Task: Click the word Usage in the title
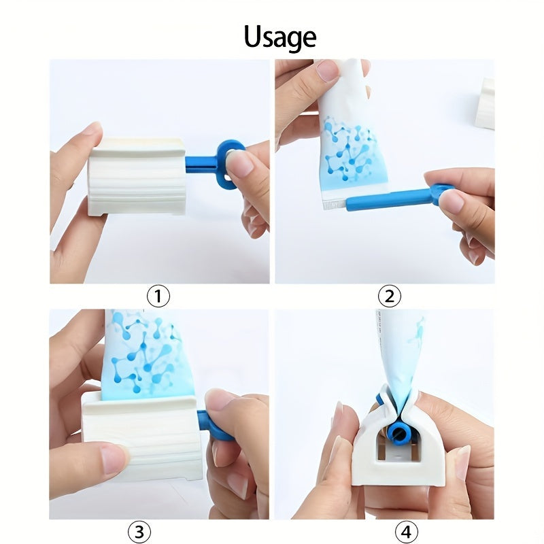279,37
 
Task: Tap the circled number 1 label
158,296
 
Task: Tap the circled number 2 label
389,296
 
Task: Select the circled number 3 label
139,531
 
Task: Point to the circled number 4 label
406,531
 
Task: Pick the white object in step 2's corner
485,103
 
